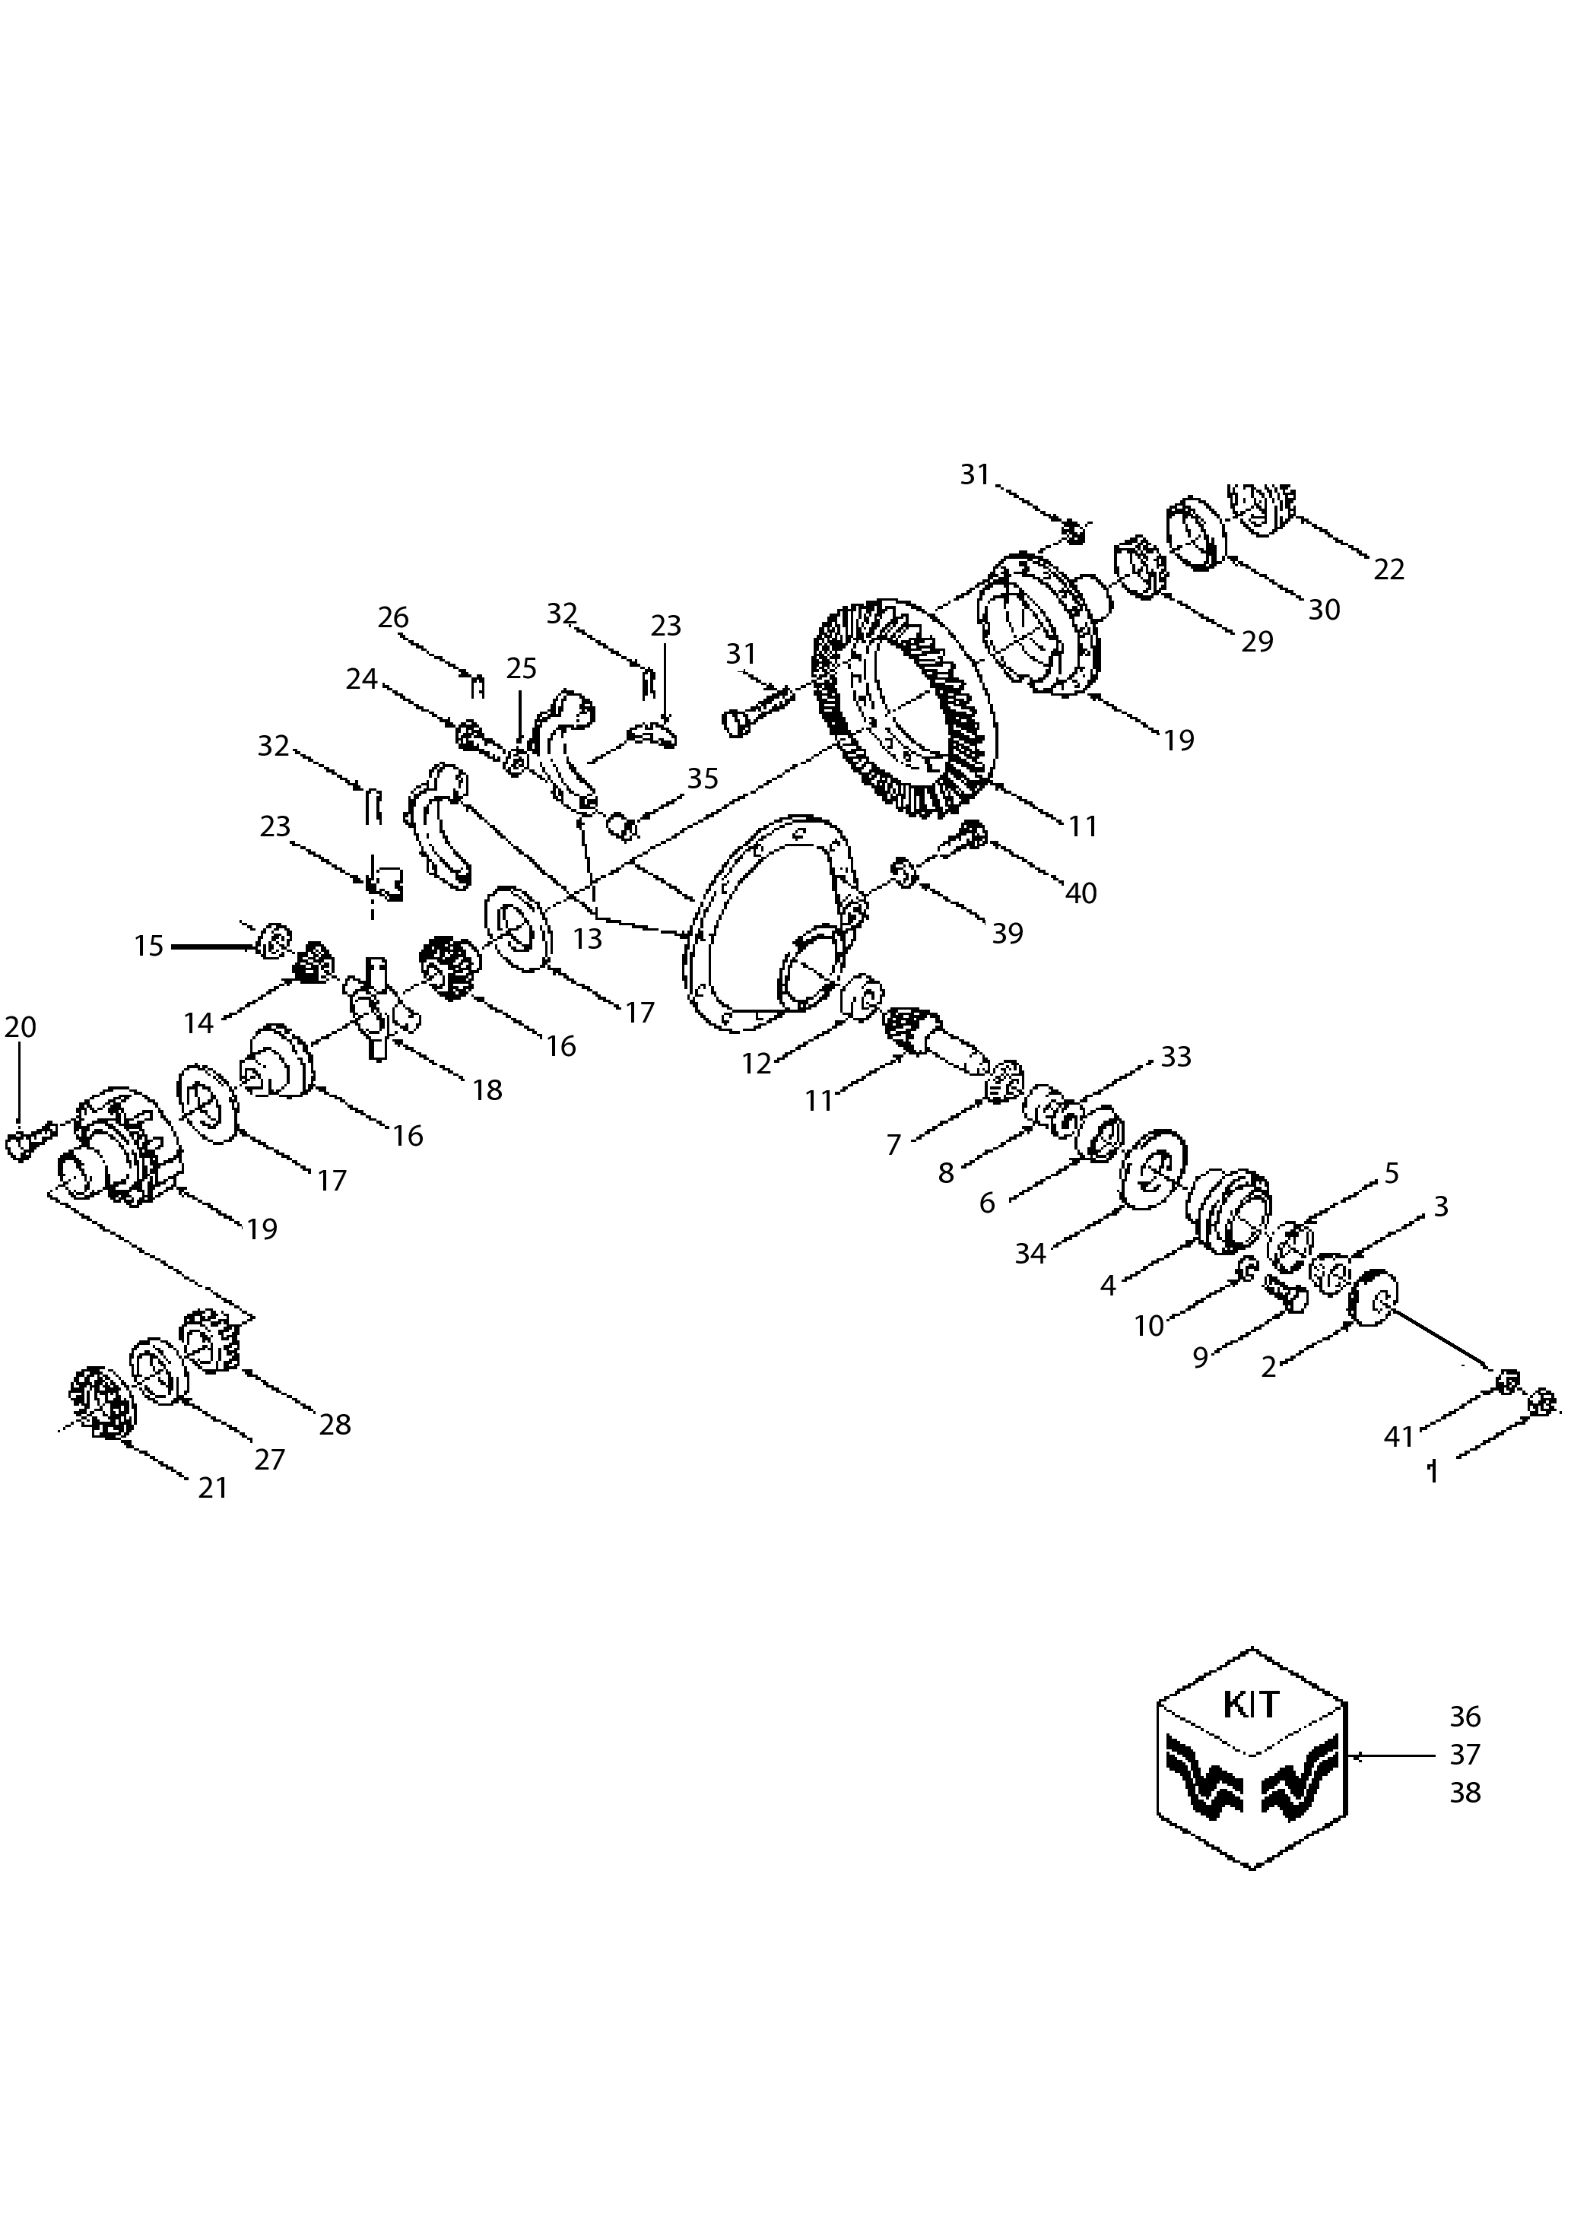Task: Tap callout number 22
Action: [x=1388, y=569]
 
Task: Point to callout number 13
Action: [x=587, y=938]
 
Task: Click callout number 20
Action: [x=21, y=1027]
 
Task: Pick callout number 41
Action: [x=1398, y=1437]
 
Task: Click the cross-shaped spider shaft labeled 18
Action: [x=379, y=1007]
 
